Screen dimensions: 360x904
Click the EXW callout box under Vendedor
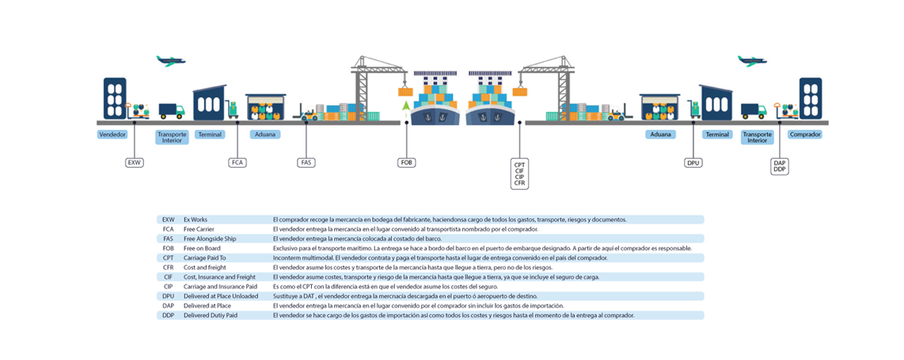[x=135, y=162]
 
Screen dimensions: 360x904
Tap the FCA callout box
[x=237, y=162]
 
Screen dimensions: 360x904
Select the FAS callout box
[x=306, y=162]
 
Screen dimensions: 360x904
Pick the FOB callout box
[x=406, y=162]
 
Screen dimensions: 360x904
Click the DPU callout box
[x=693, y=162]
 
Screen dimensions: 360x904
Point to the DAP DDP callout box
[x=780, y=166]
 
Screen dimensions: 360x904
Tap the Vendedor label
[x=112, y=135]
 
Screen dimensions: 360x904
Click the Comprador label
[x=805, y=135]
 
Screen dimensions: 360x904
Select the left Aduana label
[x=264, y=135]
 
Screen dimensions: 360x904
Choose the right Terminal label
[x=717, y=135]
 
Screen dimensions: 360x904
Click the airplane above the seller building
[x=170, y=61]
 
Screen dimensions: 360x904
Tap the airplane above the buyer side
[x=752, y=61]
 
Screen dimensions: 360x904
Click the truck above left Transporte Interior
[x=172, y=111]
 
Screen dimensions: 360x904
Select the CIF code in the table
[x=168, y=277]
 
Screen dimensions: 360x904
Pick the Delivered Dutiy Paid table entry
[x=211, y=315]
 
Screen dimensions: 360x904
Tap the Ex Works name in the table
[x=195, y=219]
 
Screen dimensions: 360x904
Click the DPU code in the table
[x=168, y=296]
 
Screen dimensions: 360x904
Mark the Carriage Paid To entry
[x=204, y=258]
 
